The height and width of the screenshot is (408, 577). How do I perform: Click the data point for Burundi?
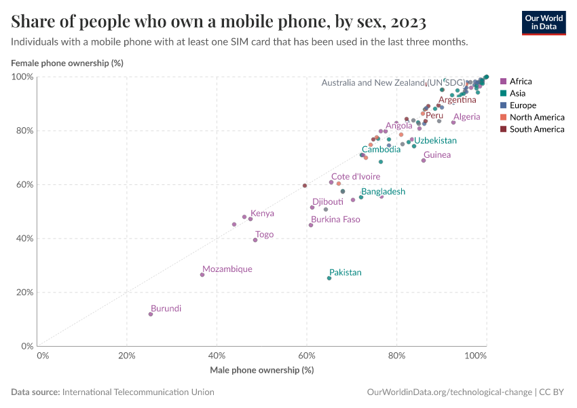[x=151, y=314]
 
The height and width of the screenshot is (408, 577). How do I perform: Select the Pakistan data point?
[x=329, y=278]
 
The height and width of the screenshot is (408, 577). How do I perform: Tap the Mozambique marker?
[x=202, y=275]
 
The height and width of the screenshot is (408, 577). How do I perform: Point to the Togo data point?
[x=255, y=240]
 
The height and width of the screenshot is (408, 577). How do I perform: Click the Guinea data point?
[x=424, y=160]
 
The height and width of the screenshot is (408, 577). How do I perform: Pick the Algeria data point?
[x=453, y=122]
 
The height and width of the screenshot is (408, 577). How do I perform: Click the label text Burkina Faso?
[x=335, y=220]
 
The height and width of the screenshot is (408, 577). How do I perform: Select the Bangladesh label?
[x=383, y=192]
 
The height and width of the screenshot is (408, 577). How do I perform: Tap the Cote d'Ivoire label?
[x=356, y=177]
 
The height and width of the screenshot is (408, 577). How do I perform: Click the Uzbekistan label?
[x=435, y=141]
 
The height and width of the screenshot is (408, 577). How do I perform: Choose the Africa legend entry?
[x=521, y=82]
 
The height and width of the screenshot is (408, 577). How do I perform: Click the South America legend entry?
[x=536, y=129]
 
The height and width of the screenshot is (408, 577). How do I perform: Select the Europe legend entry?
[x=523, y=105]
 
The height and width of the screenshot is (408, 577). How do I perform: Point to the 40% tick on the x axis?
[x=217, y=356]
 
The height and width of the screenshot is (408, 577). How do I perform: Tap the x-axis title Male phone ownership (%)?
[x=261, y=370]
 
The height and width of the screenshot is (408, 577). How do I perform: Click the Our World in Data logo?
[x=544, y=22]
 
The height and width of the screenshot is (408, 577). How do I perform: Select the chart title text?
[x=219, y=22]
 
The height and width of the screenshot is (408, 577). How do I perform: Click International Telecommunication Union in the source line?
[x=138, y=392]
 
